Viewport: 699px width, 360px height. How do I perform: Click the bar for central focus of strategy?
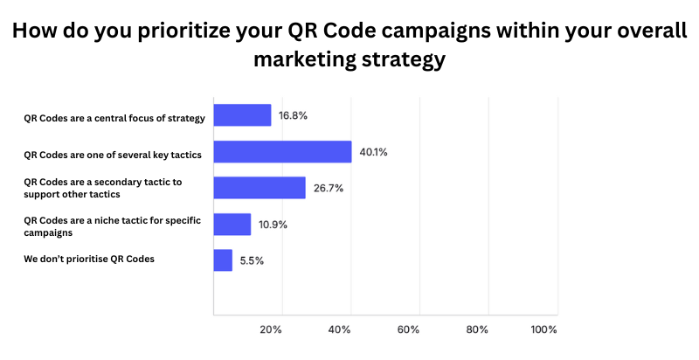(242, 115)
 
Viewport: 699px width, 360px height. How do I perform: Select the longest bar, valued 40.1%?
(282, 152)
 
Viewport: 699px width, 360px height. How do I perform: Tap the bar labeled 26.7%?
(260, 188)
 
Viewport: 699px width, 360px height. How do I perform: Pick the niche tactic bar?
(232, 225)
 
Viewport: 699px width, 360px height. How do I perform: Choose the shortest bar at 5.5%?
(223, 260)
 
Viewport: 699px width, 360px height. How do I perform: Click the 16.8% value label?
(293, 115)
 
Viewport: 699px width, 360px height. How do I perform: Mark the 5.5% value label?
(253, 260)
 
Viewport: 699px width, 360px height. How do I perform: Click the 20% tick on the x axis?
(271, 329)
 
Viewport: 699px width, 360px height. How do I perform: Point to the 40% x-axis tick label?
(340, 329)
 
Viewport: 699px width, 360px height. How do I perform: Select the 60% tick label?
(408, 329)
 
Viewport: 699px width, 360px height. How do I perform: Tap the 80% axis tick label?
(477, 329)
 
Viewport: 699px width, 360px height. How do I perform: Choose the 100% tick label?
(543, 329)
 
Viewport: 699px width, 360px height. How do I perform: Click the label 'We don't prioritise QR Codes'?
(89, 258)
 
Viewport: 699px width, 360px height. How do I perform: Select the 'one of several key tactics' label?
(113, 155)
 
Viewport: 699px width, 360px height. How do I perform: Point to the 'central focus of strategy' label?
(114, 118)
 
